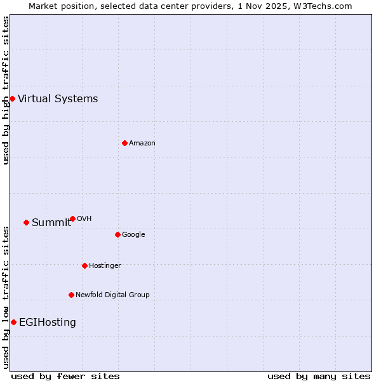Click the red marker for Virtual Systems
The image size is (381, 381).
(x=12, y=98)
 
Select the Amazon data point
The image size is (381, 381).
(x=124, y=143)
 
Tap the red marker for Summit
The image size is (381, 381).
(x=26, y=222)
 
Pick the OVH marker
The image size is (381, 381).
(x=72, y=218)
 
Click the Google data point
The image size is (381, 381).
(x=117, y=234)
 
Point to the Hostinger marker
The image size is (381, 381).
(x=84, y=265)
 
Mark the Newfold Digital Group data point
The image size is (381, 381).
(x=71, y=295)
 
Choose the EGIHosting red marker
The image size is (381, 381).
(x=13, y=322)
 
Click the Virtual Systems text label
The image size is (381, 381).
(x=58, y=98)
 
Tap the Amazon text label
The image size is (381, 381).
(x=142, y=143)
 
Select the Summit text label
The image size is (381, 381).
(x=51, y=222)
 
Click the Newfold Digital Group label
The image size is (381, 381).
(x=112, y=295)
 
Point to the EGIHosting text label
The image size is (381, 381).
(x=48, y=322)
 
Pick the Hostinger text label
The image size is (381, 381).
(x=105, y=265)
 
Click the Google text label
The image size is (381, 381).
(x=133, y=234)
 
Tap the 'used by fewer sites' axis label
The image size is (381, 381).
(x=65, y=376)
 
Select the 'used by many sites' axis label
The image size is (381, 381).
(x=319, y=376)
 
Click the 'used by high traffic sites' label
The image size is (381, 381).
(x=6, y=90)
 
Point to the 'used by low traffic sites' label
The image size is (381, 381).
(x=6, y=297)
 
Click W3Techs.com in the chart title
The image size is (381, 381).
(x=323, y=6)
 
